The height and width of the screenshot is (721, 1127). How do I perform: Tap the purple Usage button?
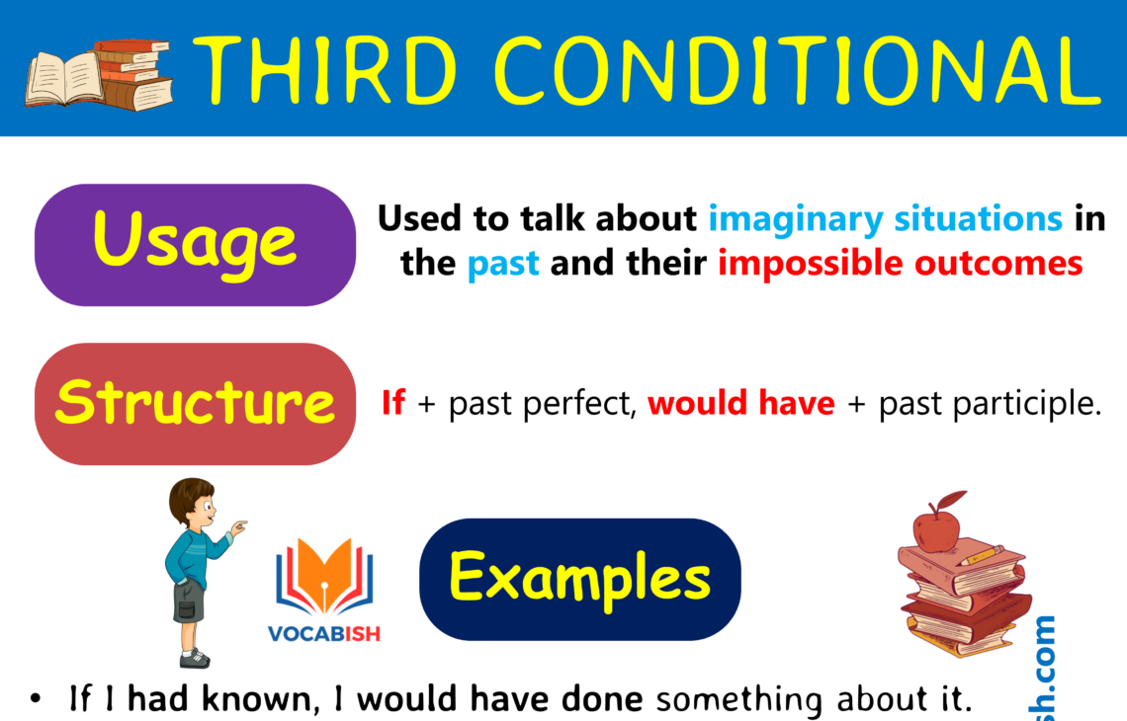pos(195,244)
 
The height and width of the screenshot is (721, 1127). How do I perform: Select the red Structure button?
pos(195,403)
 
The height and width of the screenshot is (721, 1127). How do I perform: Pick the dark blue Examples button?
pos(579,578)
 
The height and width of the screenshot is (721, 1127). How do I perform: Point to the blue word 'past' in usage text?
pos(503,265)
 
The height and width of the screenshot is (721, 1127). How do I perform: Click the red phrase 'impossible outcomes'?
pos(901,265)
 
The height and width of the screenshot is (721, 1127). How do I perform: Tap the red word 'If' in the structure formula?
pos(393,403)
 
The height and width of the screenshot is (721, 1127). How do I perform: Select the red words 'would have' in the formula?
pos(741,403)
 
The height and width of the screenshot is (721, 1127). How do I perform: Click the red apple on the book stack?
pos(935,528)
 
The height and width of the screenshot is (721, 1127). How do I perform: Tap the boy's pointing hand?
pos(238,527)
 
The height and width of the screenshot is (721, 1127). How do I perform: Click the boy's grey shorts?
pos(189,601)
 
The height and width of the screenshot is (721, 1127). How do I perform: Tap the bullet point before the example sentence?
pos(37,700)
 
